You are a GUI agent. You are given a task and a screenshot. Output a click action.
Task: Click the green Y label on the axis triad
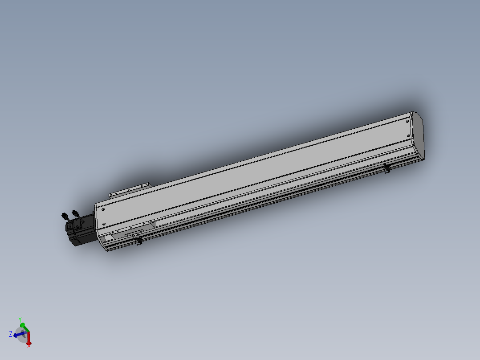20,319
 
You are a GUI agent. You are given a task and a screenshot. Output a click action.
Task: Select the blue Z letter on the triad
10,333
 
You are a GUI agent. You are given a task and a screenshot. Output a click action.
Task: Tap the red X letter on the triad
29,346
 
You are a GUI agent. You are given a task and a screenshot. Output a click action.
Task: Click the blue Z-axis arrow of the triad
17,335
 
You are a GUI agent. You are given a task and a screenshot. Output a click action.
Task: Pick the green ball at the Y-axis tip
22,325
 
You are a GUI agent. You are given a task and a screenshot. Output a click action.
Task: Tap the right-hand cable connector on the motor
74,214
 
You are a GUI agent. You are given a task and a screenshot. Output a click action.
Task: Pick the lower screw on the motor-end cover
104,224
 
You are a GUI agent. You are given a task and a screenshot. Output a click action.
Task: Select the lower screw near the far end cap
408,135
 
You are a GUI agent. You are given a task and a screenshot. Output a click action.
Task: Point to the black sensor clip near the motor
139,241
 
